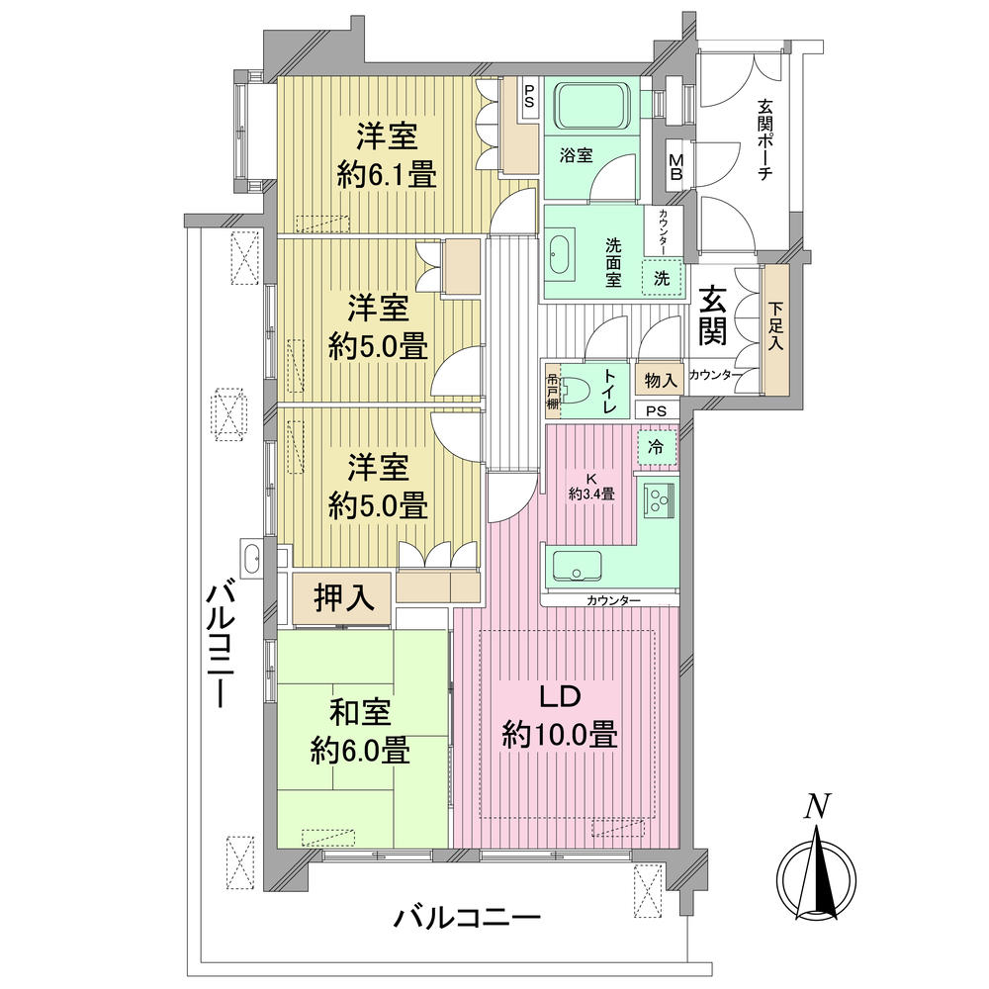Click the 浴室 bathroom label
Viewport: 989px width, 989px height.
(x=576, y=154)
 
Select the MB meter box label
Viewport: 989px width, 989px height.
(x=677, y=164)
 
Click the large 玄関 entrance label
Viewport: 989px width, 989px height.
(x=714, y=315)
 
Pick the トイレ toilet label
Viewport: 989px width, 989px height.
(x=609, y=388)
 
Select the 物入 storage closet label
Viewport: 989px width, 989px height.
(x=660, y=380)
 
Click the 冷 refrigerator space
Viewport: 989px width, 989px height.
(x=657, y=445)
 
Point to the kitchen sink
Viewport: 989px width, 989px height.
(x=578, y=568)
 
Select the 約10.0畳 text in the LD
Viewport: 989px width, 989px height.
(x=560, y=735)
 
